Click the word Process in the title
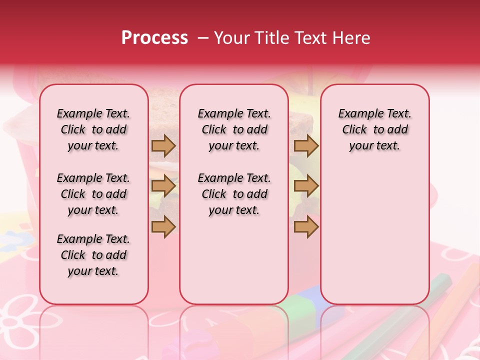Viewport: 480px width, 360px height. click(x=154, y=38)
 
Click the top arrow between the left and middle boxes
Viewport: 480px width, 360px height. click(x=163, y=145)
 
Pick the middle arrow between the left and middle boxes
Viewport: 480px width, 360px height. click(x=163, y=186)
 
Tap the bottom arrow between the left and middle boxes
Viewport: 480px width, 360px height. click(x=163, y=226)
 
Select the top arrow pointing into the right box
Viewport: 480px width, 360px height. click(x=306, y=145)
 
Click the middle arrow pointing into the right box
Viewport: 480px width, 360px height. click(x=306, y=186)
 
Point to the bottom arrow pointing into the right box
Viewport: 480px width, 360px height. click(x=306, y=226)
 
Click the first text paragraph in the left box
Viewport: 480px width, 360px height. click(x=93, y=129)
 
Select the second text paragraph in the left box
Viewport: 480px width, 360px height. click(x=93, y=194)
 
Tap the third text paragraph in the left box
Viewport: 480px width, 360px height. click(x=93, y=255)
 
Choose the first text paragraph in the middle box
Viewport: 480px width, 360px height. click(x=234, y=129)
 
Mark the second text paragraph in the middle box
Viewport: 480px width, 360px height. click(x=234, y=194)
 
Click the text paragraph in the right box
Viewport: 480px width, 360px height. click(x=374, y=129)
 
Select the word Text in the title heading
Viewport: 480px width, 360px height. click(x=307, y=38)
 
